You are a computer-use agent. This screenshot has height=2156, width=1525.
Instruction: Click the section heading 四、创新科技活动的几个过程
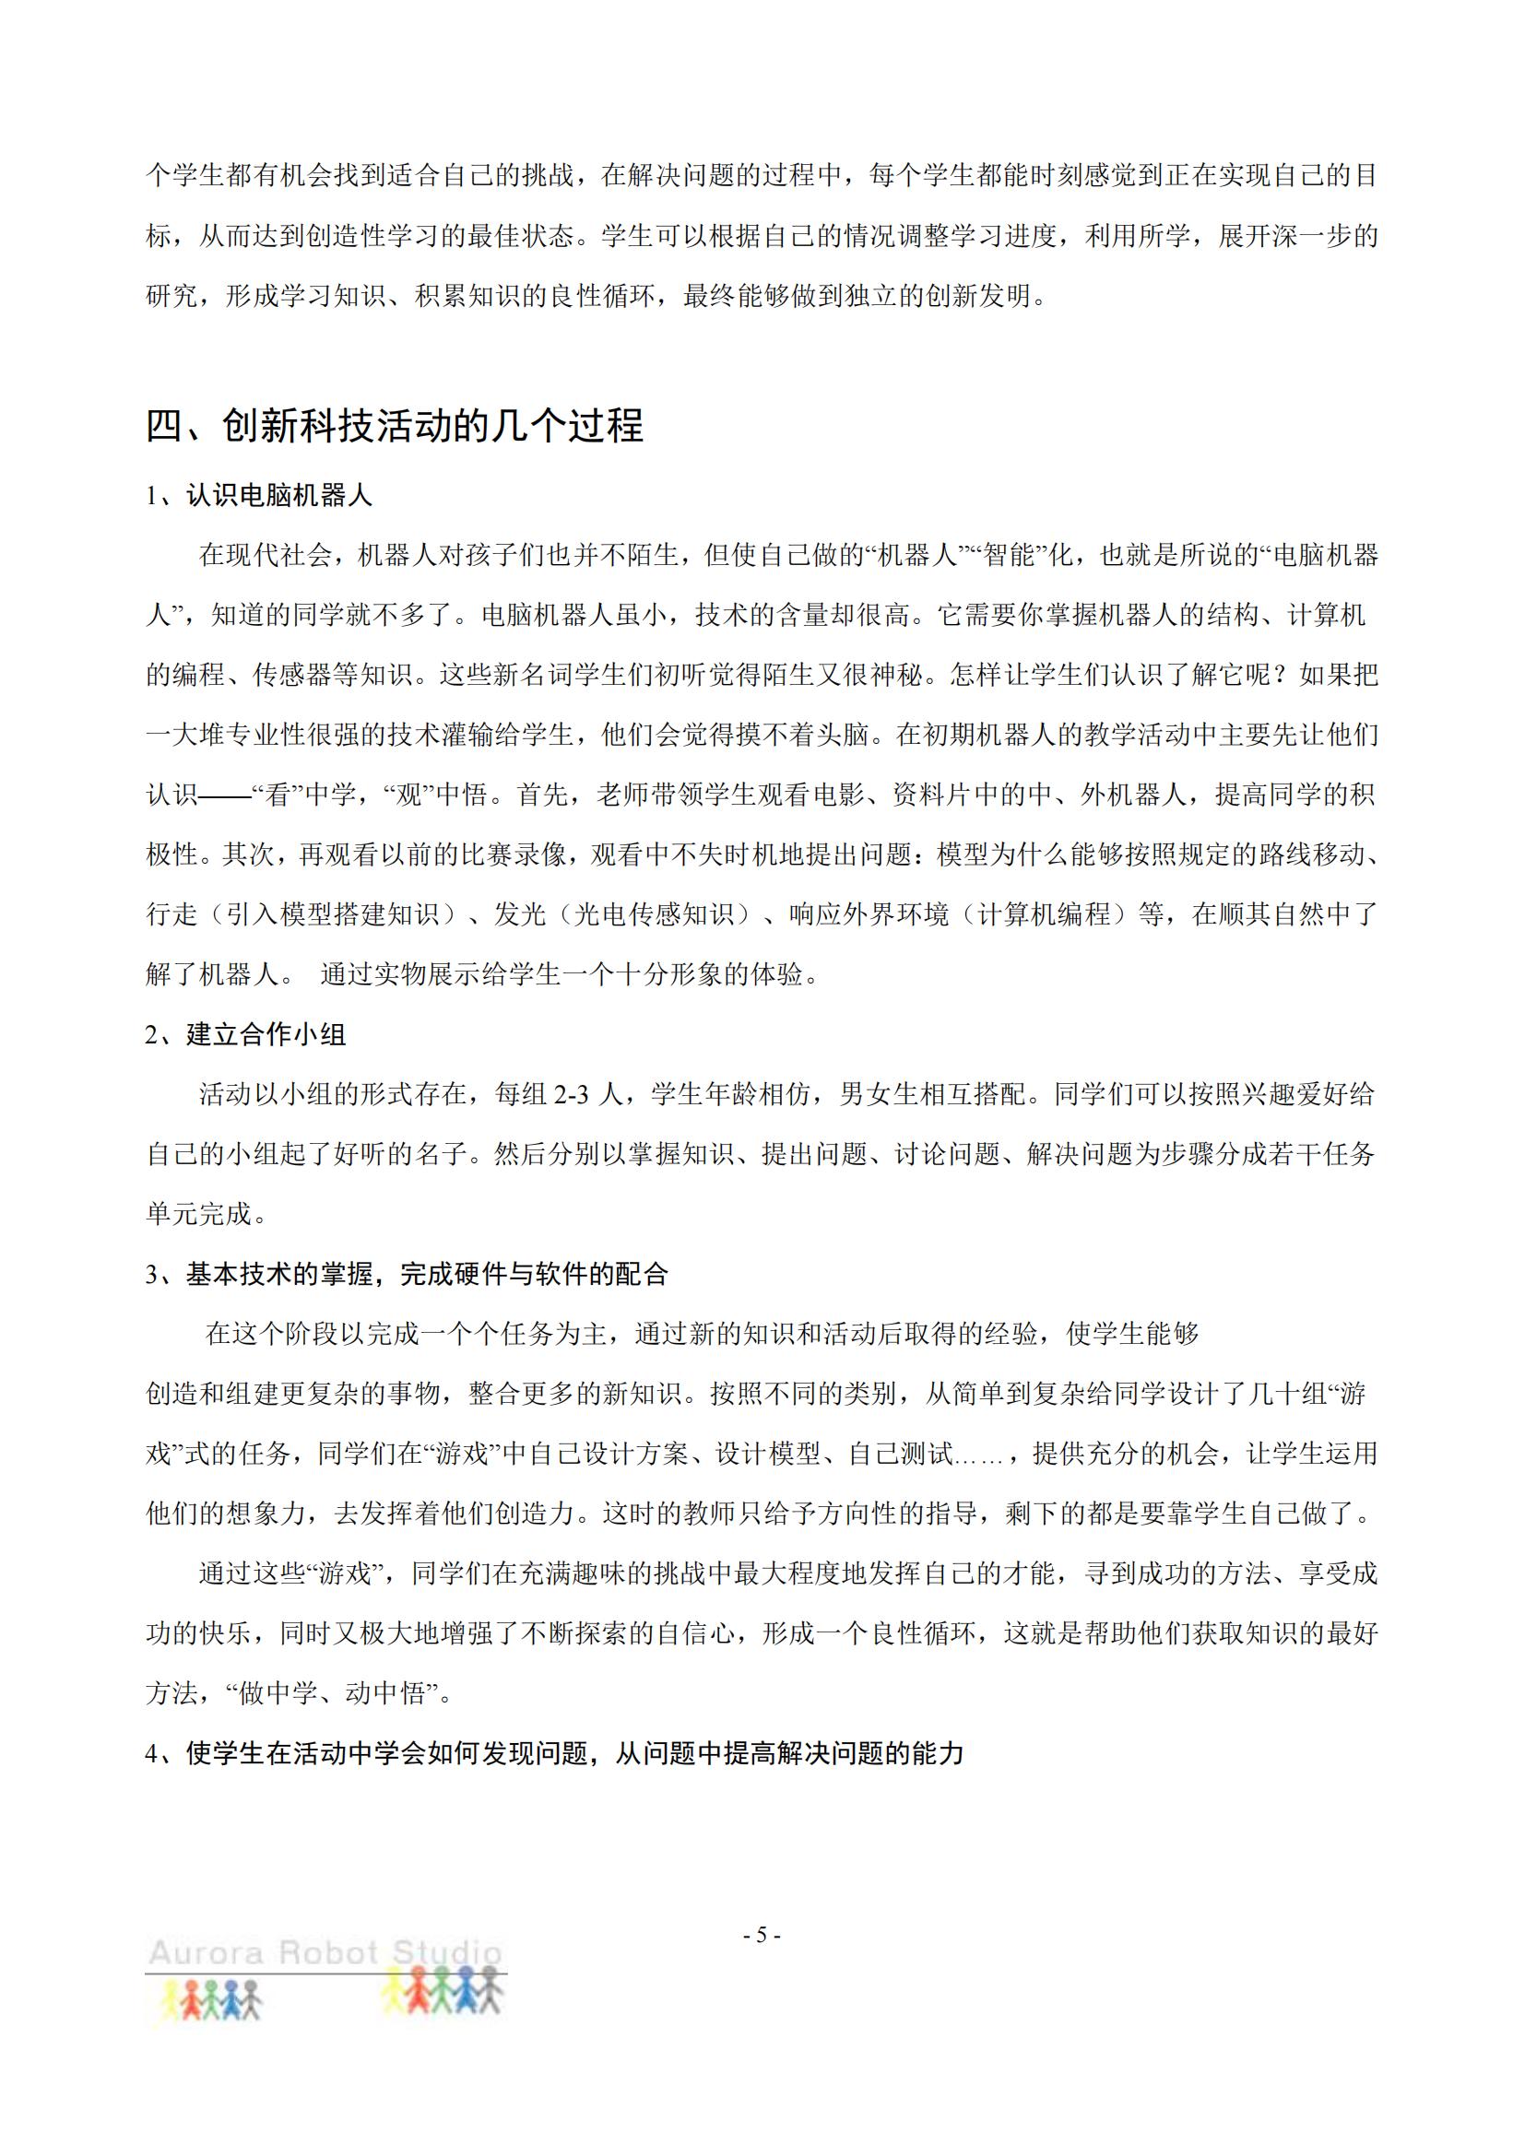[395, 427]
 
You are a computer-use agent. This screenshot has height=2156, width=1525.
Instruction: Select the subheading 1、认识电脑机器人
[259, 495]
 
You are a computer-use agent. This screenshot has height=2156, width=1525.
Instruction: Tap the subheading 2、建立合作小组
[246, 1034]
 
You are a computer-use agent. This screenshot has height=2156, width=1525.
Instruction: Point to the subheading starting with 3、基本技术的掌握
[407, 1274]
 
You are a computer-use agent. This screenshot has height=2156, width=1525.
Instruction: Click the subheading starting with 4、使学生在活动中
[554, 1753]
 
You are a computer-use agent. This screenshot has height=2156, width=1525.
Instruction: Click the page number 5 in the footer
[762, 1936]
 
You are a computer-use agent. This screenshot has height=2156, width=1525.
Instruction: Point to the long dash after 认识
[225, 795]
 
